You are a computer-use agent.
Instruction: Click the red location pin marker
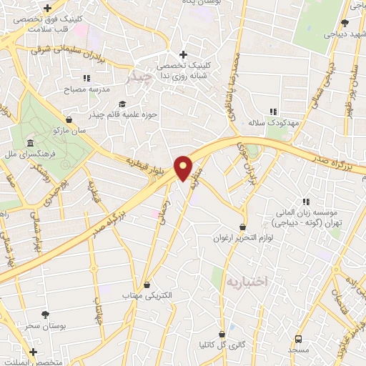click(x=184, y=167)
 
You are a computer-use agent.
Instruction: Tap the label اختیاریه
click(x=245, y=281)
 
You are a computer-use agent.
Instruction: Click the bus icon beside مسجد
click(x=297, y=338)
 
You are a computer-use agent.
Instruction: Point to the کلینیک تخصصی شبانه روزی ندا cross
click(x=184, y=54)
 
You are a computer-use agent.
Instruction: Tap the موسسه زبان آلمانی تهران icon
click(x=307, y=202)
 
